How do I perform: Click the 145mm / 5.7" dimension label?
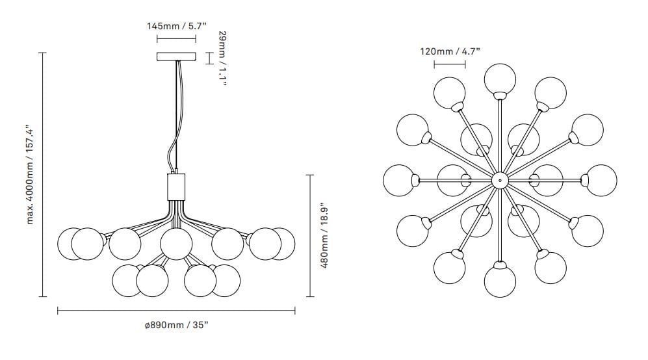pos(177,27)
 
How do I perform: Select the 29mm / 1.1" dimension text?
pos(222,58)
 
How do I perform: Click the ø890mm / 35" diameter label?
pos(177,325)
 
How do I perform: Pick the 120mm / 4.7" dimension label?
pos(450,52)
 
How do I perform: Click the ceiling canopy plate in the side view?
pos(177,57)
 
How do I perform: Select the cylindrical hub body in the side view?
pos(176,186)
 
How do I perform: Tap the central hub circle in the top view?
pos(500,180)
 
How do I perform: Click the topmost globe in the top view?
pos(500,79)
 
